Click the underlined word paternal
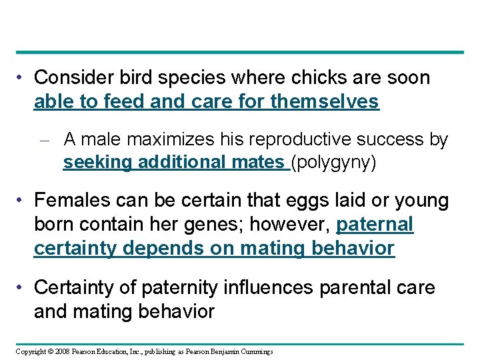pos(375,224)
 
